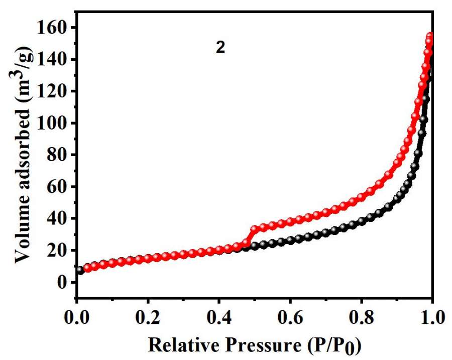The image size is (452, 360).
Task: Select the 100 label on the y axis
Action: point(55,123)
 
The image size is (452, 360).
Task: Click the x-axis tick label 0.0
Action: point(76,318)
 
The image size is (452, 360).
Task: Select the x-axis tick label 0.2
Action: point(148,318)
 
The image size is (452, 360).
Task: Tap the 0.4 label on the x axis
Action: point(219,318)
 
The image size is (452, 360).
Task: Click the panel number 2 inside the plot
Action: point(220,48)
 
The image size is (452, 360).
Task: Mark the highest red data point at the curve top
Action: point(430,37)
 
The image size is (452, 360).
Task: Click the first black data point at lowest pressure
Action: point(80,270)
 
